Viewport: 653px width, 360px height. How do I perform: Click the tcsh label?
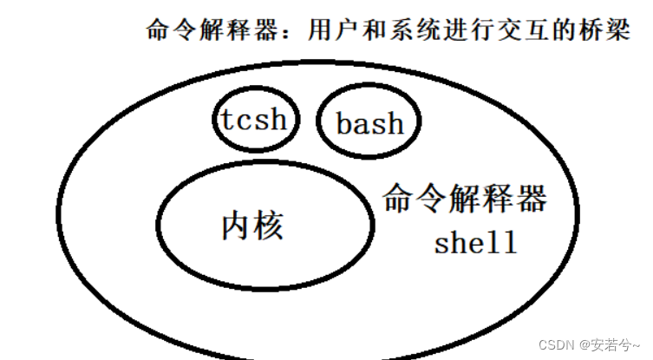tap(252, 119)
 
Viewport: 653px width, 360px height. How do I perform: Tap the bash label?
tap(370, 124)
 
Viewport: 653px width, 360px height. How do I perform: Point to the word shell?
tap(475, 242)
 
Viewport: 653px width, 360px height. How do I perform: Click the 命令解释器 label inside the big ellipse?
tap(465, 200)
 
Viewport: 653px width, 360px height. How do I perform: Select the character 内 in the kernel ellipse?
tap(237, 226)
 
